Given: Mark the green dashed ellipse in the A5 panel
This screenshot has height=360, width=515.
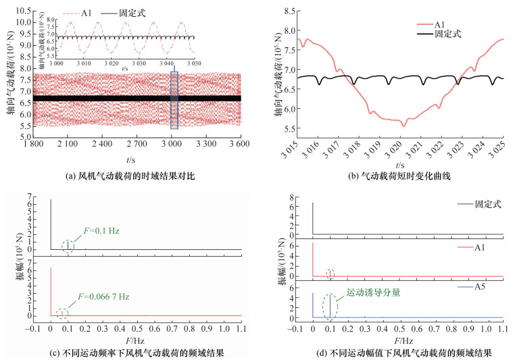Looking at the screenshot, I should [330, 305].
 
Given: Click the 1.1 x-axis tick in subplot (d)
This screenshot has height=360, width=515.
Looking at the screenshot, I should [503, 331].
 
